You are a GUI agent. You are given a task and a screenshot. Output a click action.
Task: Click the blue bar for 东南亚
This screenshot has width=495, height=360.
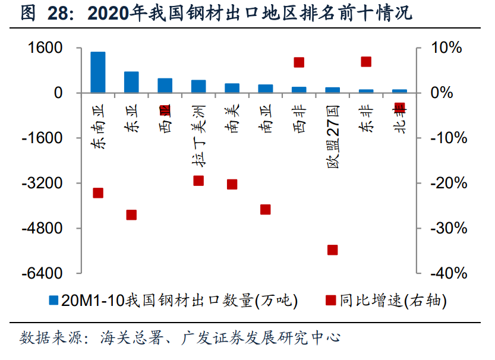(x=98, y=72)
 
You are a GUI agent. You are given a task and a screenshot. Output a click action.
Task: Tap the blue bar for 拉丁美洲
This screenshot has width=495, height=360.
(x=198, y=86)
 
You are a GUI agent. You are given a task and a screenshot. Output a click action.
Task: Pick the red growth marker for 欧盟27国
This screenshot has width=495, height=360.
(x=333, y=250)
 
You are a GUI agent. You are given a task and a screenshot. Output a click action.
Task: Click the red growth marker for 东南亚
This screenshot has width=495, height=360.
(x=98, y=192)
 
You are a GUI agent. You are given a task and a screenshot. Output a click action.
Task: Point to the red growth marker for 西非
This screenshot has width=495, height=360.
(x=299, y=62)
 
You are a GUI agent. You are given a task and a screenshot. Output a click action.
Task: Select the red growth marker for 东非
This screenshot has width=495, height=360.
(x=366, y=62)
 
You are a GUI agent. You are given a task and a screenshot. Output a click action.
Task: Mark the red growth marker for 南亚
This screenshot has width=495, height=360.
(x=266, y=209)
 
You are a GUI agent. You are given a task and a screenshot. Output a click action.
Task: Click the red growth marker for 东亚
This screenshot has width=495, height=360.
(x=131, y=215)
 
